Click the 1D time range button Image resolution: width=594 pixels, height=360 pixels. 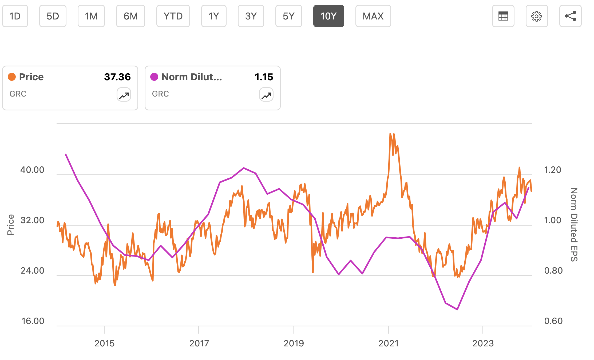pos(15,16)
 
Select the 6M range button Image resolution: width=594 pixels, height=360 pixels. pos(130,16)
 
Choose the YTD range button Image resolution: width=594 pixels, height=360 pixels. pos(173,16)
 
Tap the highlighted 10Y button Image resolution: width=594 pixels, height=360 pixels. pos(328,16)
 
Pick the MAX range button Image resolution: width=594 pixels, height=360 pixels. pos(373,16)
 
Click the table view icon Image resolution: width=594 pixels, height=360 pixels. pos(503,16)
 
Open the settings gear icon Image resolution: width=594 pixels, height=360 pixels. pos(537,16)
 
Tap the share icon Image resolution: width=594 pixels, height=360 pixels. pos(570,16)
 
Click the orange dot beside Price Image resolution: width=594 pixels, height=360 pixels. pos(12,77)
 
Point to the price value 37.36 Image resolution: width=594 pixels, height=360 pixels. pos(117,77)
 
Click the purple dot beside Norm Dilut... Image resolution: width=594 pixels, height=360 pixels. pos(154,77)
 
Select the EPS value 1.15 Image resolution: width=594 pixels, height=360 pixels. pos(264,77)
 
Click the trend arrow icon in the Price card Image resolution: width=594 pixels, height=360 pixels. pos(124,95)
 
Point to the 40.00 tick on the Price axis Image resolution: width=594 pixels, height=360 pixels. pos(32,170)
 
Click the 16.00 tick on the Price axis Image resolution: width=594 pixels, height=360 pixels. pos(33,321)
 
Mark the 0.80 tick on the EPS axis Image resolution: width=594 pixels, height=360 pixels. pos(553,271)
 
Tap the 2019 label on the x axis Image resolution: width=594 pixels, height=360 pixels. pos(294,343)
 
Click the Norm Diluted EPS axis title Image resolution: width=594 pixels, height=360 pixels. pos(574,225)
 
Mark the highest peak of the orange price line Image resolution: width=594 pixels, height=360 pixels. pos(390,134)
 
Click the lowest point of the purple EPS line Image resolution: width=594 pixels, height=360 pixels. pos(457,309)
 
